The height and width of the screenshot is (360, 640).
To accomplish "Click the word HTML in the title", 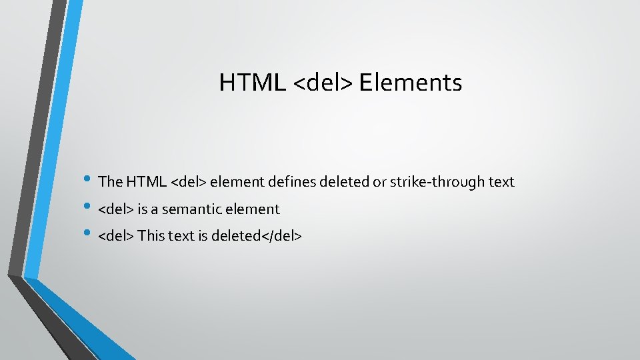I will tap(253, 83).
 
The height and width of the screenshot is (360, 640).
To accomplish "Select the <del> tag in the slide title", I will tap(323, 83).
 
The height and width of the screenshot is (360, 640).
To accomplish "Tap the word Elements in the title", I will tap(411, 83).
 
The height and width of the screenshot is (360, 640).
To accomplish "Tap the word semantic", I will tap(192, 209).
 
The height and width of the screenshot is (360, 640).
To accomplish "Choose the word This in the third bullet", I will tap(151, 235).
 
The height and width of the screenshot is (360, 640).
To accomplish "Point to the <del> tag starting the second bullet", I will tap(116, 209).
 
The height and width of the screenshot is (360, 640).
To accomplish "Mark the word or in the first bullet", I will tap(379, 181).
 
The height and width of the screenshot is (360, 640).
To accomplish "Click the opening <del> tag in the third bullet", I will tap(116, 235).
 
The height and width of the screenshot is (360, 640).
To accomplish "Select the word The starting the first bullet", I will tap(110, 181).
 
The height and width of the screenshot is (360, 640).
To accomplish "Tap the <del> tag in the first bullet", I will tap(189, 181).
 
